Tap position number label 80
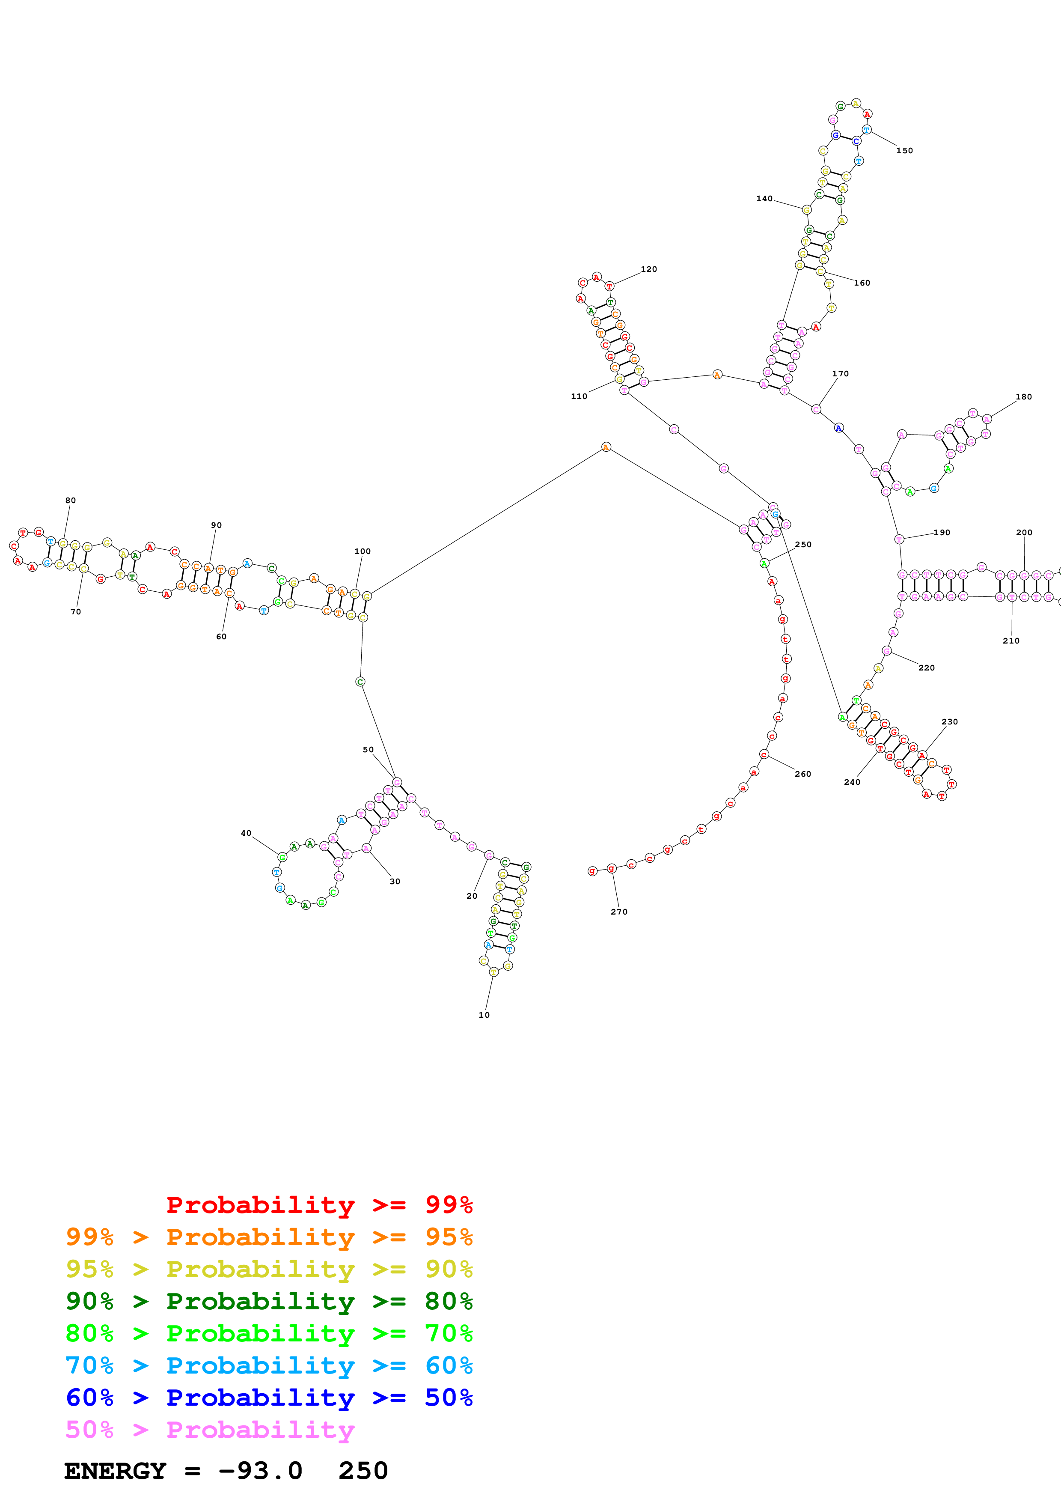click(71, 501)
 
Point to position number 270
click(618, 912)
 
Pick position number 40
click(246, 834)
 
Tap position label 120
click(648, 269)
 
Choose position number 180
click(1024, 397)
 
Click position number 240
click(852, 782)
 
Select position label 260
click(803, 774)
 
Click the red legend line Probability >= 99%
click(319, 1205)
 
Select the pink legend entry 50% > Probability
click(210, 1430)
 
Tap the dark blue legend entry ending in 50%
click(269, 1398)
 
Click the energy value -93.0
click(260, 1471)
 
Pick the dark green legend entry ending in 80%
click(269, 1301)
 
